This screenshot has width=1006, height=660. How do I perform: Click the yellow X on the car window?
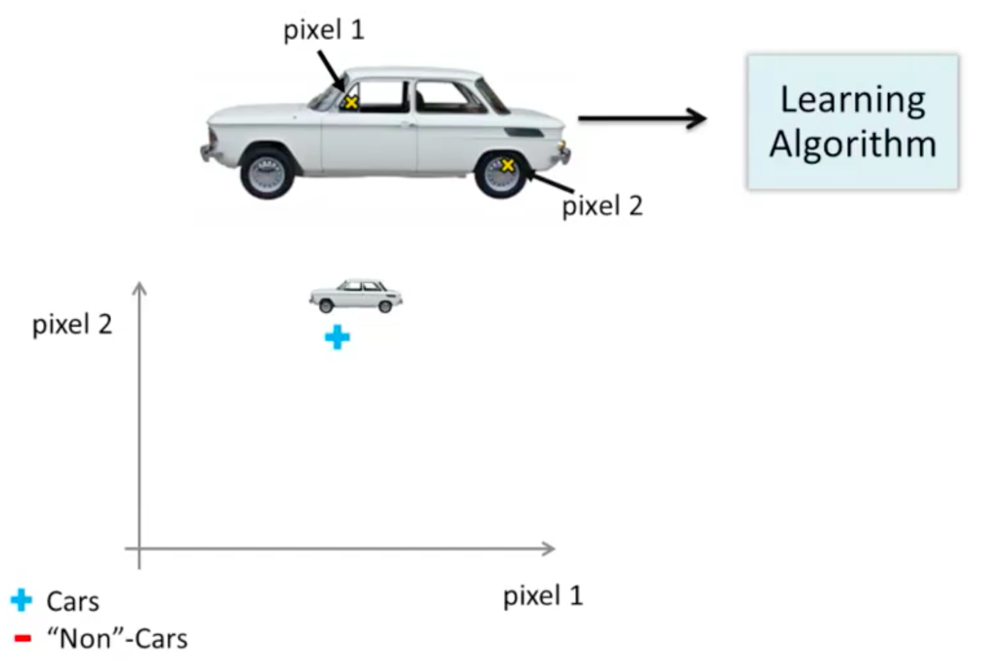(x=351, y=102)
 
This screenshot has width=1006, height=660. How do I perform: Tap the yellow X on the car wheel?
(x=508, y=165)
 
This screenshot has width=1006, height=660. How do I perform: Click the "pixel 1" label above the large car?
(x=324, y=30)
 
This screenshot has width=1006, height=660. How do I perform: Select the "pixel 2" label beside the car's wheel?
(x=602, y=206)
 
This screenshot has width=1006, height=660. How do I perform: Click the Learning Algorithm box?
(x=853, y=122)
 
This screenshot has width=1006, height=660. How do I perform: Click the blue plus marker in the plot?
(x=337, y=337)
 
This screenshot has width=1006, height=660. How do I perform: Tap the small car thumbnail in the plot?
(x=355, y=296)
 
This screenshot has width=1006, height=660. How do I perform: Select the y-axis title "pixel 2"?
(x=72, y=324)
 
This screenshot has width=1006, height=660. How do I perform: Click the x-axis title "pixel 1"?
(x=542, y=596)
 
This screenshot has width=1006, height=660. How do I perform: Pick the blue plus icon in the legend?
(x=21, y=600)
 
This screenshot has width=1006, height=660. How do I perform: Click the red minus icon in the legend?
(x=23, y=639)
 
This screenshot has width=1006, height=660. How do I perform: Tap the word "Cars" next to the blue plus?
(x=73, y=602)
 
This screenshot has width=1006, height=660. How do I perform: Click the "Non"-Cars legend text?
(x=117, y=639)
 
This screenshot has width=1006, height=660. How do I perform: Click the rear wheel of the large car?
(x=267, y=174)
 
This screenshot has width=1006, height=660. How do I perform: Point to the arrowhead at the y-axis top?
(x=139, y=288)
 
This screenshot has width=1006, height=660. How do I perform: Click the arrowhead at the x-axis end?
(x=549, y=549)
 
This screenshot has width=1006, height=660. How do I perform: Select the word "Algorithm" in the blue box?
(x=853, y=144)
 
